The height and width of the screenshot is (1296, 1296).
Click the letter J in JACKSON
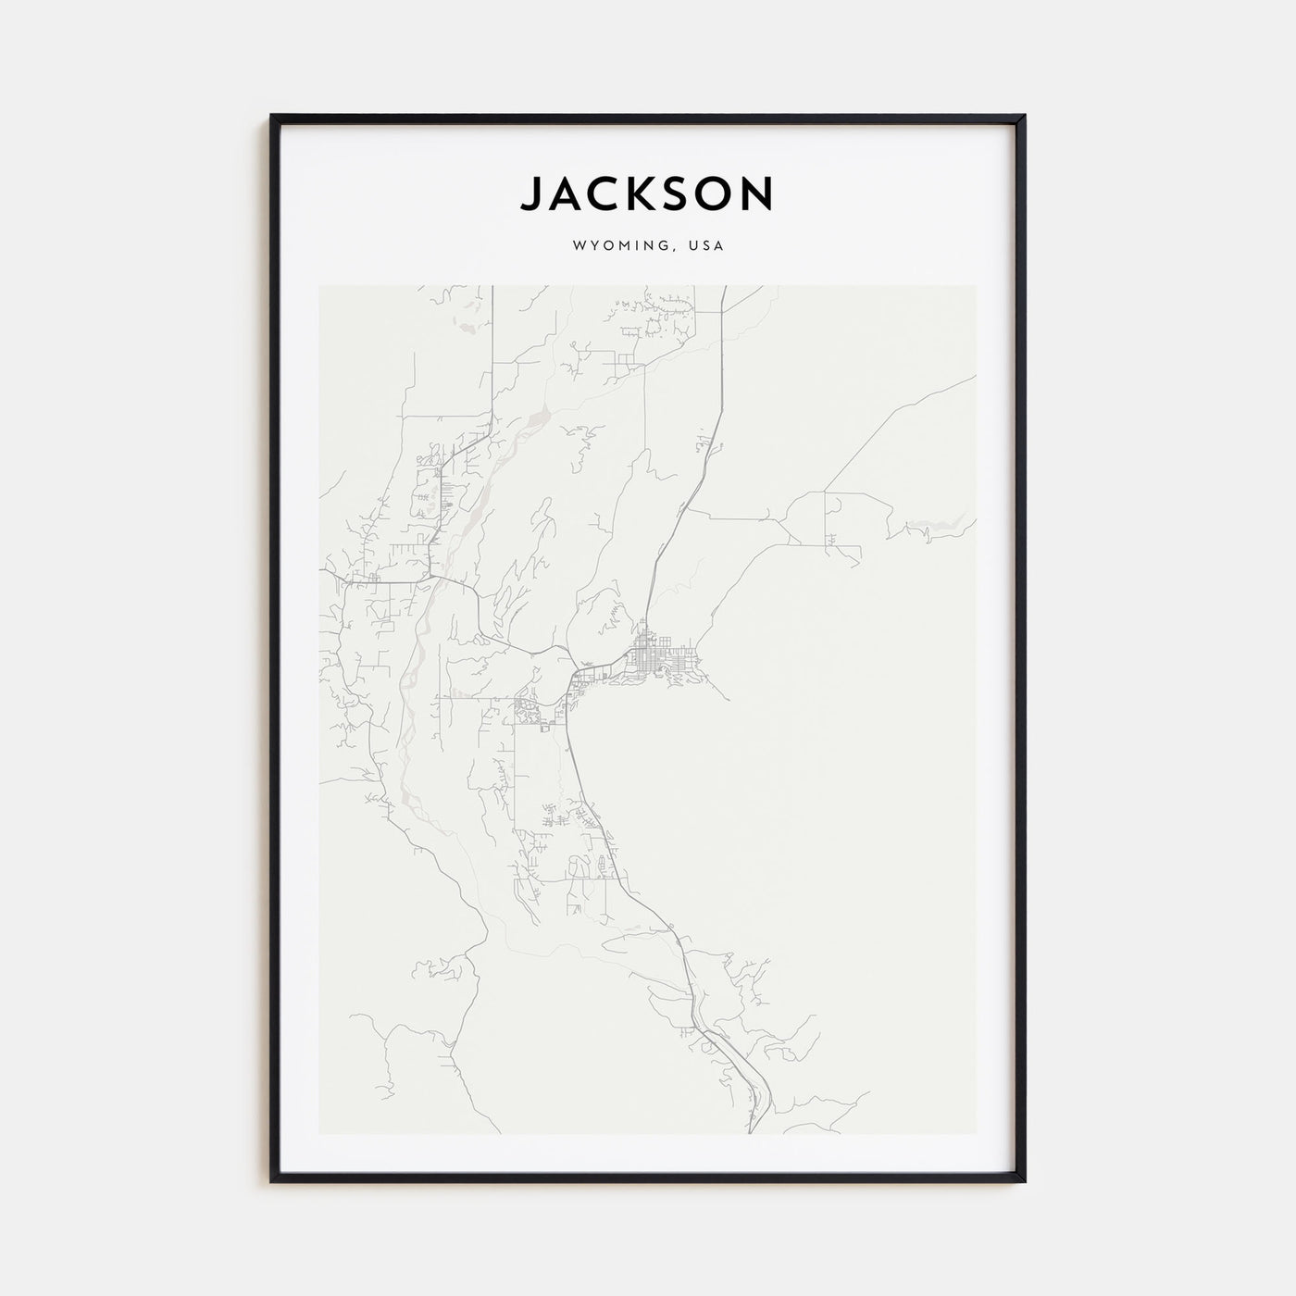(x=531, y=193)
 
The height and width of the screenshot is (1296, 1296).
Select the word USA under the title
(x=706, y=247)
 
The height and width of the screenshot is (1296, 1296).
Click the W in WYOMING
(x=579, y=247)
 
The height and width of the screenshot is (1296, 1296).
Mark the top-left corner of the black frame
(x=272, y=116)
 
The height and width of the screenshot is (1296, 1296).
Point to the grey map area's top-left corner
(x=319, y=286)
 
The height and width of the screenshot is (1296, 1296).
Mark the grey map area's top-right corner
(x=976, y=286)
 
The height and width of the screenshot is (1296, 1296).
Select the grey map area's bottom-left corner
(x=319, y=1134)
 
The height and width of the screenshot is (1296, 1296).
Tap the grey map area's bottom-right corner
(x=976, y=1134)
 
